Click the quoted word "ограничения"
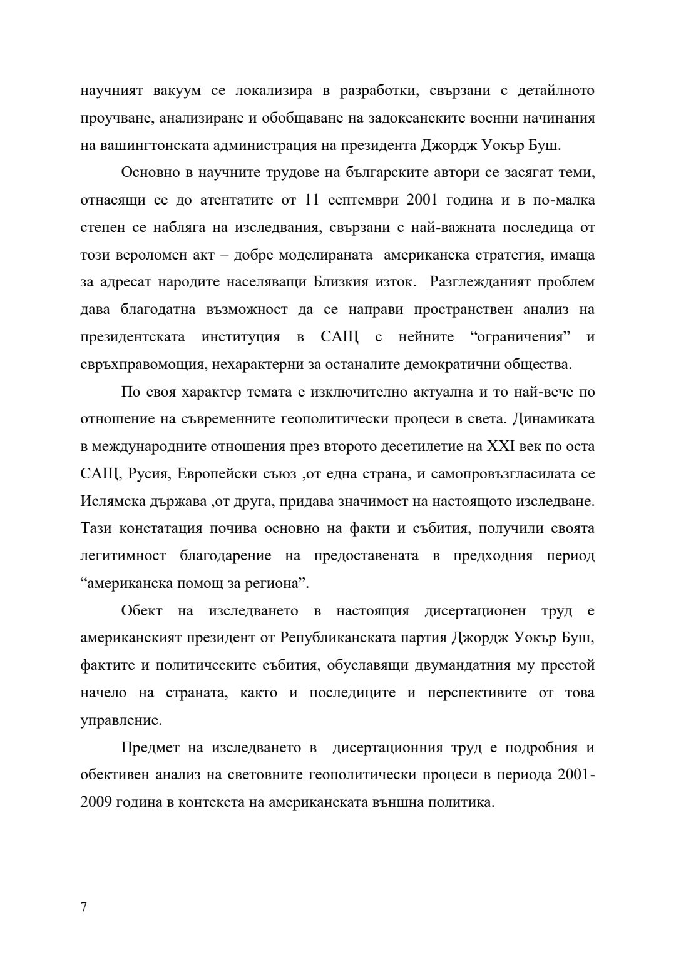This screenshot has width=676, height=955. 520,337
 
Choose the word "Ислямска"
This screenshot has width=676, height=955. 111,502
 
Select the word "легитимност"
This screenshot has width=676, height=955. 123,556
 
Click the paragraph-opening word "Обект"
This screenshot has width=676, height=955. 141,611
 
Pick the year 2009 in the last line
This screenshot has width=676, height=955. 97,802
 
